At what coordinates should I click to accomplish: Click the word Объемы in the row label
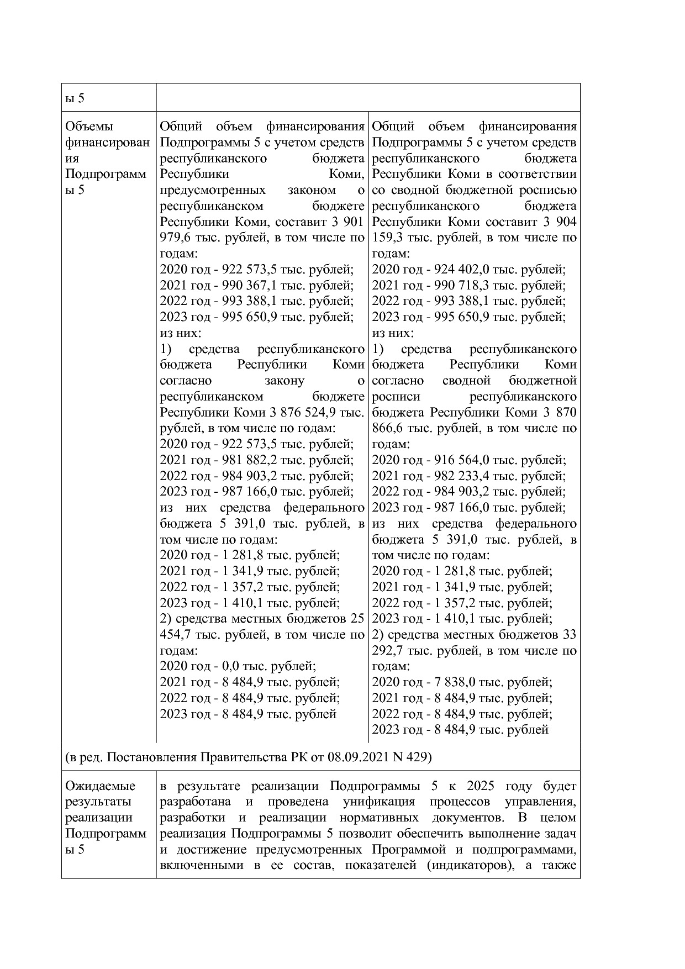88,127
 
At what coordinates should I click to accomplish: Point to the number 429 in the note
417,756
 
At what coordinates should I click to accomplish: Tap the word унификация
376,802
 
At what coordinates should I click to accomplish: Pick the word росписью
550,190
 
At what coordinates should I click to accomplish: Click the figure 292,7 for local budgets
391,651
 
